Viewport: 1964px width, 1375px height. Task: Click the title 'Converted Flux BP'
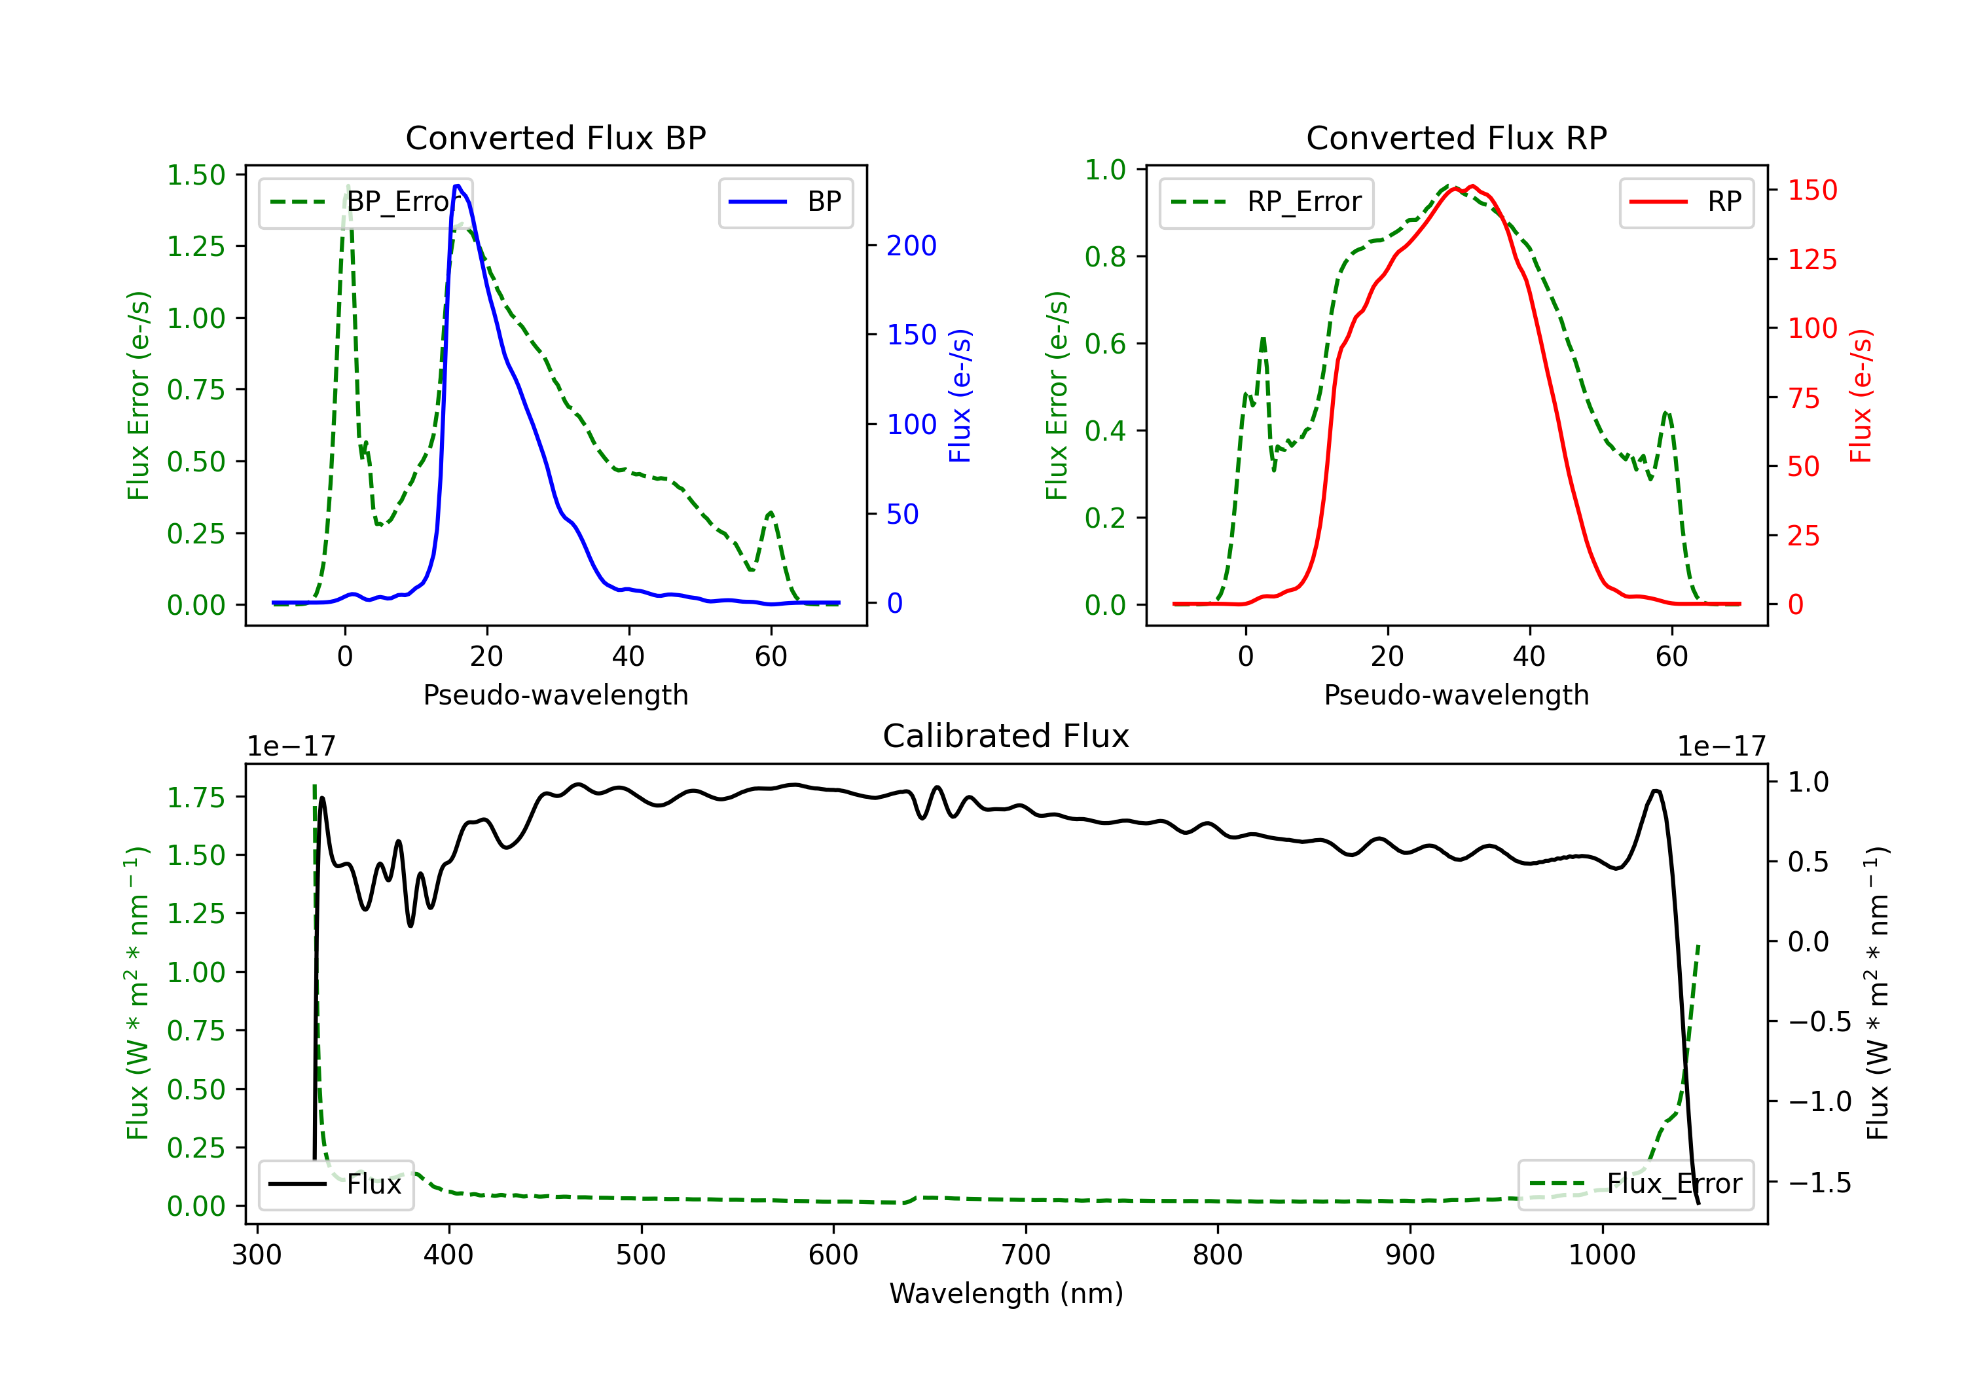(556, 137)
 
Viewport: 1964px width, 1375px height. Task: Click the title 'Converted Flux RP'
(1457, 137)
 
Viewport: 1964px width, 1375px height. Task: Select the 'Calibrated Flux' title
(1006, 736)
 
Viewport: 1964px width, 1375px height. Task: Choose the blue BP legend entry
(785, 202)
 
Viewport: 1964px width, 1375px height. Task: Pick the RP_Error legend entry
(1266, 202)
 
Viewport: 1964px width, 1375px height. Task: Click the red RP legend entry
(1686, 202)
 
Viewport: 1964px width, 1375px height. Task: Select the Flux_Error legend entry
(1635, 1184)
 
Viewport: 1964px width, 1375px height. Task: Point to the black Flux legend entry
(335, 1184)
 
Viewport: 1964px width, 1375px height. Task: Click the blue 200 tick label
(912, 246)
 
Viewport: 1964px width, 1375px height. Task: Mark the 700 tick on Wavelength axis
(1026, 1255)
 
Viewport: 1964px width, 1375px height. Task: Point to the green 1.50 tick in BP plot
(196, 175)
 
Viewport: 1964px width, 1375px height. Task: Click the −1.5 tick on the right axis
(1819, 1183)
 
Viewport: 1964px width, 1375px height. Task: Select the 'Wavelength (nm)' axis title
(1006, 1294)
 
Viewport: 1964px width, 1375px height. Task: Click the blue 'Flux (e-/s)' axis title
(960, 395)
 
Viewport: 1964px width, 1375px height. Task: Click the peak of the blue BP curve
(458, 186)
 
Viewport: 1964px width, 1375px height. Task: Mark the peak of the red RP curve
(1471, 187)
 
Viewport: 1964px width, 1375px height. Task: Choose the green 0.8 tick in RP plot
(1105, 257)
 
